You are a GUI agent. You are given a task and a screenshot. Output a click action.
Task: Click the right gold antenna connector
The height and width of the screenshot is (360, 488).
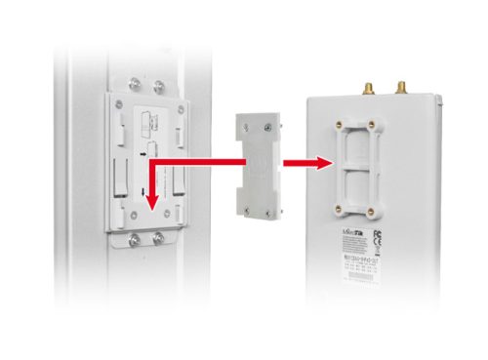pyautogui.click(x=401, y=87)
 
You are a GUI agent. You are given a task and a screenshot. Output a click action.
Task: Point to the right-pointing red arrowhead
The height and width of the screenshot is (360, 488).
pyautogui.click(x=318, y=164)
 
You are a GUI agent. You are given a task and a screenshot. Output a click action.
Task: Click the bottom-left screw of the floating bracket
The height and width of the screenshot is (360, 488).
pyautogui.click(x=241, y=200)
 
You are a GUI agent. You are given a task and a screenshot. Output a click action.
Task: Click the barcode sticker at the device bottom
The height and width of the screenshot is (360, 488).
pyautogui.click(x=362, y=272)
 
